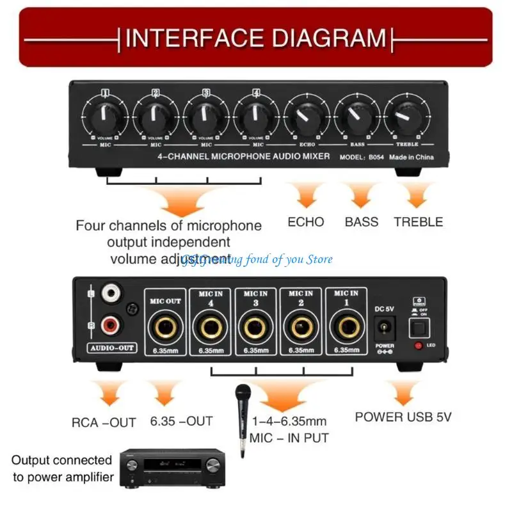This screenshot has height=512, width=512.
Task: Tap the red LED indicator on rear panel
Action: click(418, 346)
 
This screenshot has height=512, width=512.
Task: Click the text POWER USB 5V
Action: click(403, 417)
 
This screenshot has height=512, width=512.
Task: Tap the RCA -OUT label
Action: click(104, 422)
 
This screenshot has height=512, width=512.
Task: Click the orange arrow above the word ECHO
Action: click(305, 193)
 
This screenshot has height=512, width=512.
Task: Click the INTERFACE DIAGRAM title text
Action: click(256, 38)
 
